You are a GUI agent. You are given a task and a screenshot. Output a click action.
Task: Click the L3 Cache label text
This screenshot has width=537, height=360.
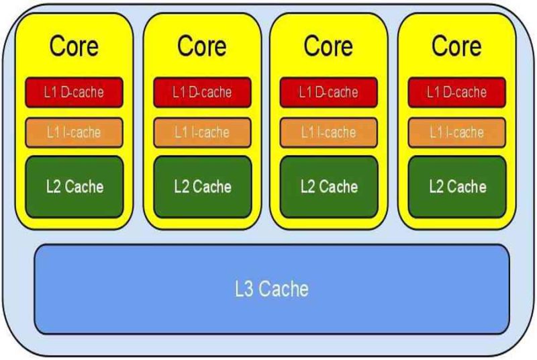pyautogui.click(x=272, y=289)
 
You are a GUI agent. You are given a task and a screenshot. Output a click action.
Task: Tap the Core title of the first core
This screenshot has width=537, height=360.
pyautogui.click(x=74, y=46)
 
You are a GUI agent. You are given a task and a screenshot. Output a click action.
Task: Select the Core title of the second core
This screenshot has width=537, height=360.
pyautogui.click(x=202, y=46)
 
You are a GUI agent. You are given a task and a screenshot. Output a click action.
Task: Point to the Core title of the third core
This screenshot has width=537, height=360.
pyautogui.click(x=328, y=46)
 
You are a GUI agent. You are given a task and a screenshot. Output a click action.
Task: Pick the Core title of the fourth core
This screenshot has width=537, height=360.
pyautogui.click(x=456, y=46)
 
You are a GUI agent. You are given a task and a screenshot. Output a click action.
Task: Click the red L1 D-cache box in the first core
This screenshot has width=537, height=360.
pyautogui.click(x=74, y=93)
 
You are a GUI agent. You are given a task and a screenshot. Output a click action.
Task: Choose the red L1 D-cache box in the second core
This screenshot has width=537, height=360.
pyautogui.click(x=203, y=93)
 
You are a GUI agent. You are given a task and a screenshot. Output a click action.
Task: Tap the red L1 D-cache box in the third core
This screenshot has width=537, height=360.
pyautogui.click(x=329, y=93)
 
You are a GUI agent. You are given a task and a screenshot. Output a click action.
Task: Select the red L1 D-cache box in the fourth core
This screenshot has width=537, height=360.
pyautogui.click(x=457, y=93)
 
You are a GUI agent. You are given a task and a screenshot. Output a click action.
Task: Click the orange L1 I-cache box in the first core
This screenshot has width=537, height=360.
pyautogui.click(x=74, y=132)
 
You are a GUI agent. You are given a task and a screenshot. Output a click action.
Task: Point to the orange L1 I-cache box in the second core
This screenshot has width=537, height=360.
pyautogui.click(x=203, y=132)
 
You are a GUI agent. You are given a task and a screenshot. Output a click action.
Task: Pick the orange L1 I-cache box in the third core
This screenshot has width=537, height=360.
pyautogui.click(x=329, y=132)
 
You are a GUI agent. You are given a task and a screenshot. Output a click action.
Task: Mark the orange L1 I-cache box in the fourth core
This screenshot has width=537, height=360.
pyautogui.click(x=457, y=132)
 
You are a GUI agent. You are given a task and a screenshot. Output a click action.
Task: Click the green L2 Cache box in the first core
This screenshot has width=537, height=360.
pyautogui.click(x=75, y=187)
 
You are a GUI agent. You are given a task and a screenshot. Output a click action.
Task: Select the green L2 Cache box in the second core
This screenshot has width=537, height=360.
pyautogui.click(x=203, y=187)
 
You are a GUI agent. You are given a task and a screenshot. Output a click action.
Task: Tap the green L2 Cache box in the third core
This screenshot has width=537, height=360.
pyautogui.click(x=329, y=187)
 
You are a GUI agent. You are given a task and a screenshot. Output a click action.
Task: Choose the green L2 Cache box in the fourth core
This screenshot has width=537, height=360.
pyautogui.click(x=457, y=187)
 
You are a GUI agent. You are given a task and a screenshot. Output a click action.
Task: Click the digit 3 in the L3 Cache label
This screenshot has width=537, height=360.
pyautogui.click(x=248, y=289)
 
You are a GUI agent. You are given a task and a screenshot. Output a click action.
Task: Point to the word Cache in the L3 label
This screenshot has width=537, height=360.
pyautogui.click(x=283, y=289)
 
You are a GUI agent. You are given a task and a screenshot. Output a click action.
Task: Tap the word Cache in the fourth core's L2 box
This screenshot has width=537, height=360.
pyautogui.click(x=467, y=187)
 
